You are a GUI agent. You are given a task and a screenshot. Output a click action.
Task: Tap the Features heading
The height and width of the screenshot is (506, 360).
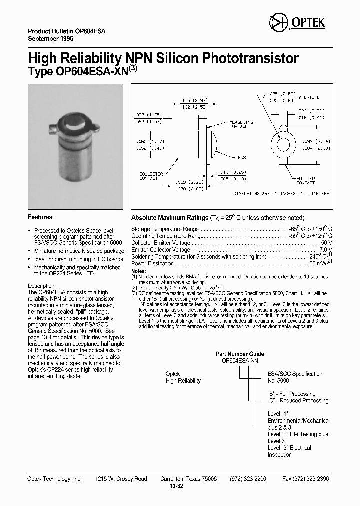40,217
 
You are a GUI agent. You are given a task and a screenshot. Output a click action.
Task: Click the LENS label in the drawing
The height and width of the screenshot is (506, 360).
240,158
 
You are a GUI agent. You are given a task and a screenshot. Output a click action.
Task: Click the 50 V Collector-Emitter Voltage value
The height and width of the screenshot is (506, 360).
327,242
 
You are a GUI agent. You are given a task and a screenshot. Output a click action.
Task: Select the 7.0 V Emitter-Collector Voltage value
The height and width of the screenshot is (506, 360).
326,249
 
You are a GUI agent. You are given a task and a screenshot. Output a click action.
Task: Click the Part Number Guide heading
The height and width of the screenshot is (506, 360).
240,354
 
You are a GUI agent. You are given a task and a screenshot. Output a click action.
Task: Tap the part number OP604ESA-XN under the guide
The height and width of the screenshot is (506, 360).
240,361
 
